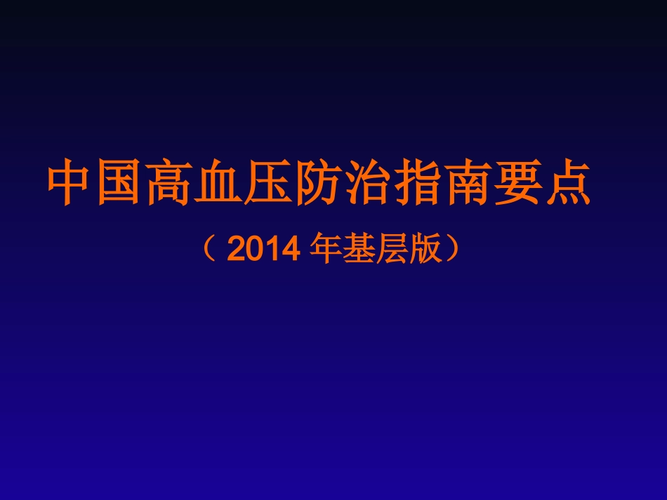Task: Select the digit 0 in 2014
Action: pos(253,250)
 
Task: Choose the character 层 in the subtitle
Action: pos(392,249)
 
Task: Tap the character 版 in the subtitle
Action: pos(425,249)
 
